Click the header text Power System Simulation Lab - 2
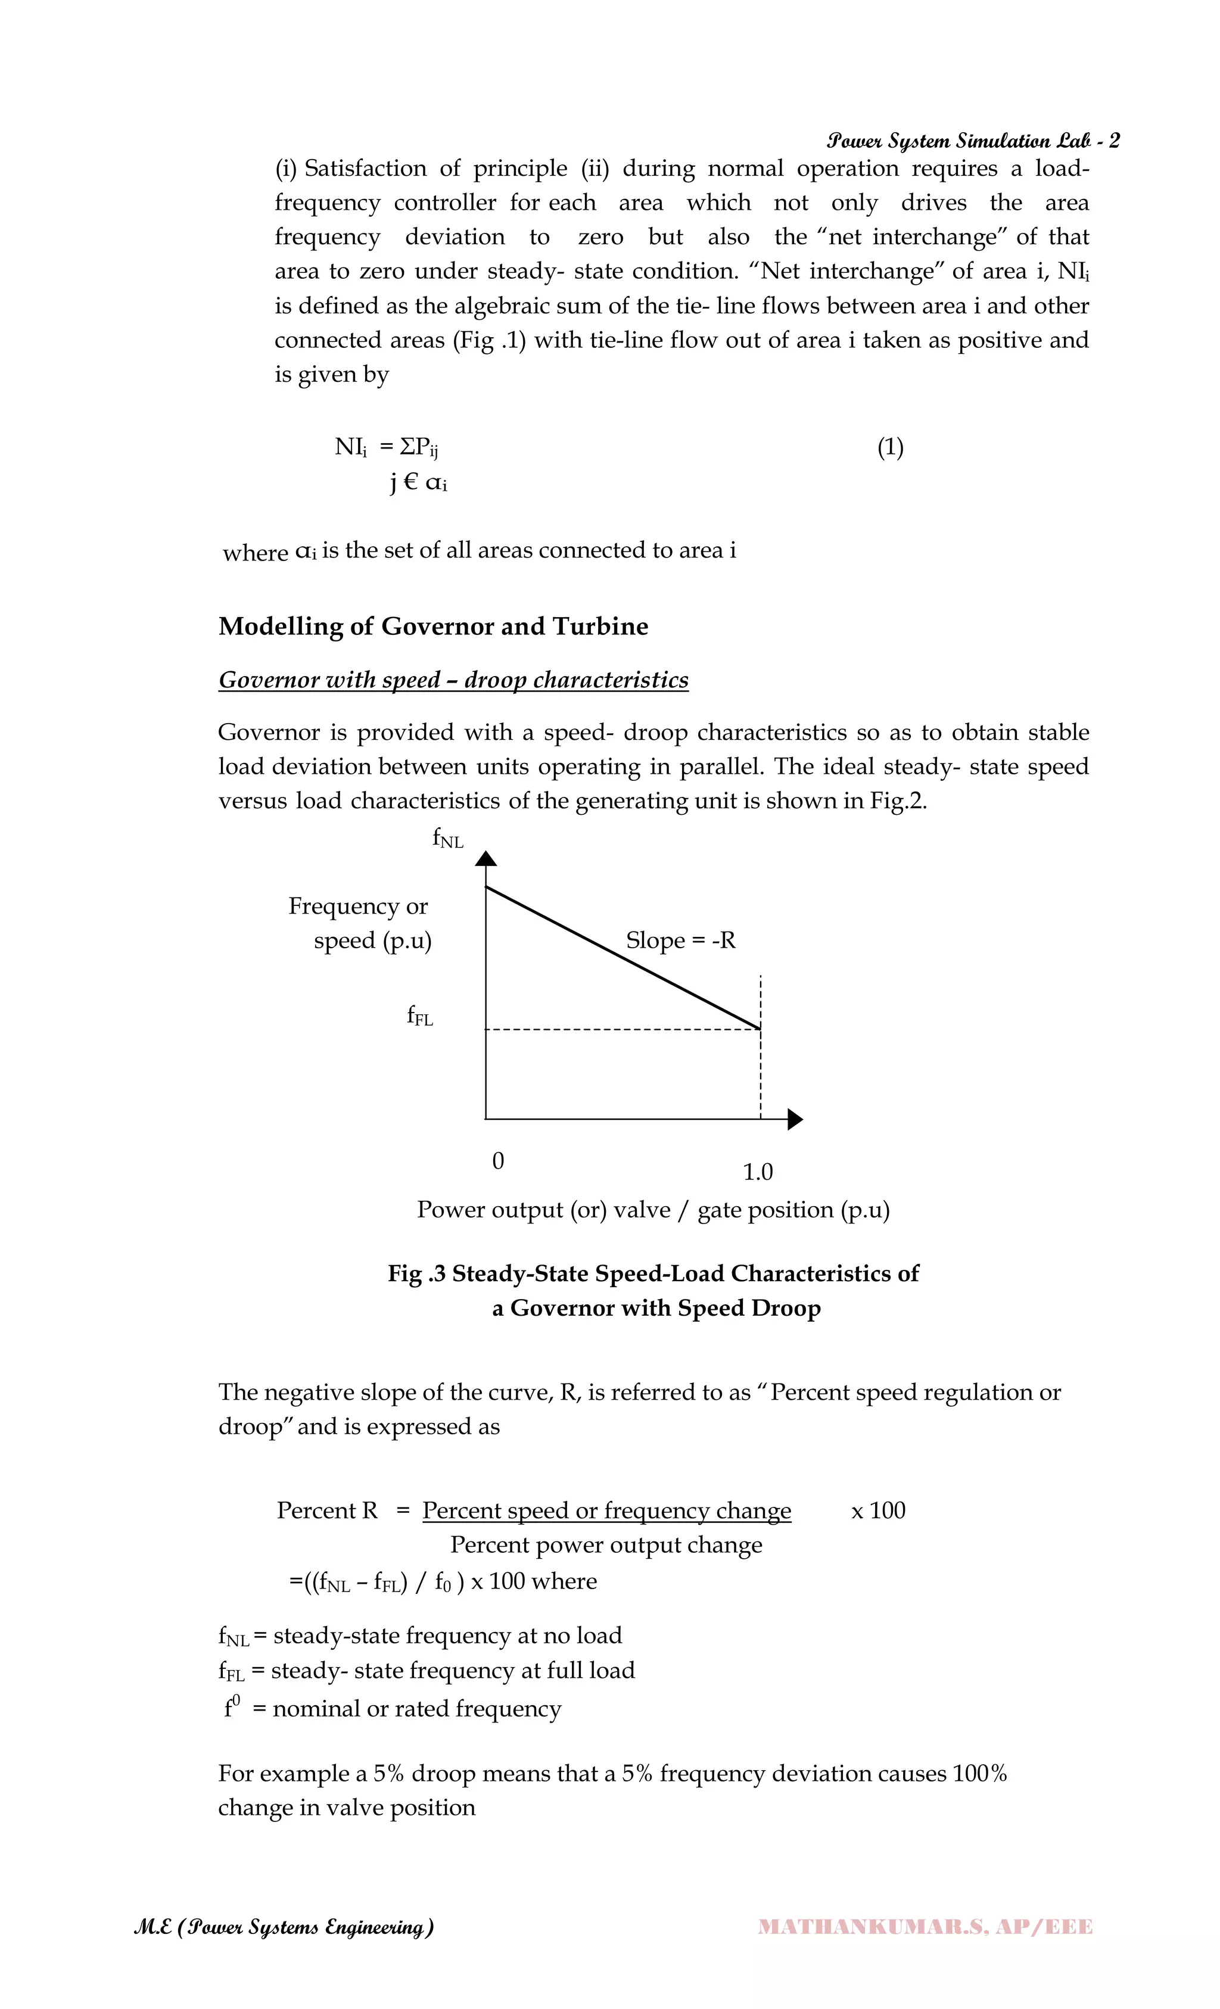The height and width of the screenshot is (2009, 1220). pos(972,141)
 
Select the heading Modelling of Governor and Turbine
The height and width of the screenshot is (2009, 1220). pos(433,626)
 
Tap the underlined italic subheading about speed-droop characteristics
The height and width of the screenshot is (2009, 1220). pos(453,680)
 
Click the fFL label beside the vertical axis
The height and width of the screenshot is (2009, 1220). pos(420,1016)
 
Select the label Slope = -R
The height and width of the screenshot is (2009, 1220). pos(680,940)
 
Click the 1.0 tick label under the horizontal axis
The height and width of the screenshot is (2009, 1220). pos(758,1172)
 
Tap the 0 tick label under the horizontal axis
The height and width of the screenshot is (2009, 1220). pos(498,1160)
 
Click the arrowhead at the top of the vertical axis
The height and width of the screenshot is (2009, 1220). pos(486,858)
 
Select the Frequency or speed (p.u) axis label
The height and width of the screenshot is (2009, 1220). pos(360,923)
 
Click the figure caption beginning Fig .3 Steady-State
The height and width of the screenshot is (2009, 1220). pos(653,1290)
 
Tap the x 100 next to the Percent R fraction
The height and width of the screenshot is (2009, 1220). pos(878,1511)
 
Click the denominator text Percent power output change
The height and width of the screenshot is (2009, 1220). pos(606,1545)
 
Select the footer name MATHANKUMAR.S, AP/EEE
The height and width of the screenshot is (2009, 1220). pos(925,1927)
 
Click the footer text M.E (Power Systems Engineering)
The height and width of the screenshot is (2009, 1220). pos(284,1927)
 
